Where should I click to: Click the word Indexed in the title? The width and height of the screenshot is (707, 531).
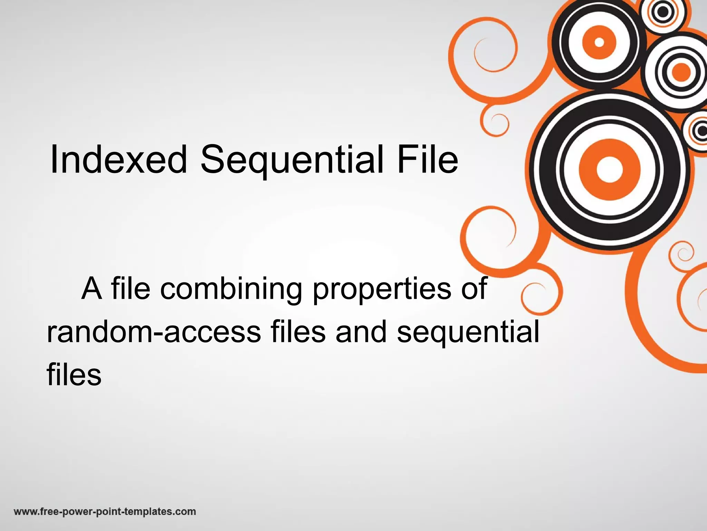pos(118,160)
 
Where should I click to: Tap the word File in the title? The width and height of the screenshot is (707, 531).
pos(427,160)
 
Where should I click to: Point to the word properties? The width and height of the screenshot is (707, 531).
pos(382,290)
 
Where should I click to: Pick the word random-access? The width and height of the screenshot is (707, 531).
pos(154,332)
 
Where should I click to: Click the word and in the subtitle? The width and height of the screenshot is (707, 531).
pos(361,332)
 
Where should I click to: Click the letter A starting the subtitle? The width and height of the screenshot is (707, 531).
pos(92,289)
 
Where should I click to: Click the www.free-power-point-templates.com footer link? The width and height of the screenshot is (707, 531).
pos(105,512)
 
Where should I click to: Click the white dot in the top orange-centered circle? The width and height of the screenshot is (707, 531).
pos(599,42)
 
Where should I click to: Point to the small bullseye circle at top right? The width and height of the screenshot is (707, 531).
pos(663,12)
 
